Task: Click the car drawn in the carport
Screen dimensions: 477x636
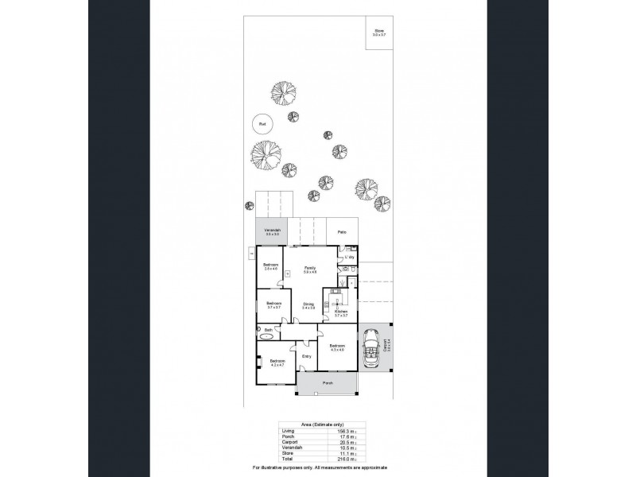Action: point(371,348)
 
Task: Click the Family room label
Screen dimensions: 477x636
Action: point(299,270)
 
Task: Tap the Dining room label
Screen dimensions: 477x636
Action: point(308,304)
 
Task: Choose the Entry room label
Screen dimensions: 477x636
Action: point(307,356)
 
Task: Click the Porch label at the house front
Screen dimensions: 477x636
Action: point(327,383)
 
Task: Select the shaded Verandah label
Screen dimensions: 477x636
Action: point(273,231)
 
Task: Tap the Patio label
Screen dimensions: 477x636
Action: point(341,232)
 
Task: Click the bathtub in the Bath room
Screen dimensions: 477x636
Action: point(265,337)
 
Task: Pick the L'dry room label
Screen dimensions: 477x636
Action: point(348,258)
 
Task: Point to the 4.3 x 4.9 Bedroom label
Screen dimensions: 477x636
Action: point(337,347)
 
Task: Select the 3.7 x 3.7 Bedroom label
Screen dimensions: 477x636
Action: point(274,304)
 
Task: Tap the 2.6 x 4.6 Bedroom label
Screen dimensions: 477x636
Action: point(270,266)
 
